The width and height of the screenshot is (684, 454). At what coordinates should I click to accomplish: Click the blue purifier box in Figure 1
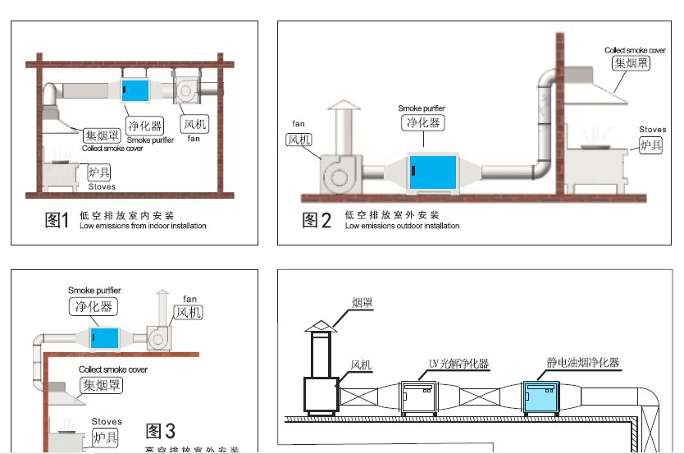tap(136, 91)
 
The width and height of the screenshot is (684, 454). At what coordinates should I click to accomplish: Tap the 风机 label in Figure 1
tap(195, 125)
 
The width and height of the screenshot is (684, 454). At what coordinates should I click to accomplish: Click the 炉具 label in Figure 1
tap(99, 172)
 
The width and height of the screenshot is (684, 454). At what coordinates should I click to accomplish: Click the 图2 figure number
tap(317, 219)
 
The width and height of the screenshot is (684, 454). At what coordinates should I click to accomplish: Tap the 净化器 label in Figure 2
tap(423, 122)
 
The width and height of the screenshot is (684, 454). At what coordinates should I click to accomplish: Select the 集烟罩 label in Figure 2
tap(631, 62)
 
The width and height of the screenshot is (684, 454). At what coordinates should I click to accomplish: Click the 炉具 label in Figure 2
tap(651, 145)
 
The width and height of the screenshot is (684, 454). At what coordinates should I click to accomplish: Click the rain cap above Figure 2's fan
tap(343, 108)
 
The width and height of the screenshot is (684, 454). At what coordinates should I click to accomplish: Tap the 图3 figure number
tap(160, 430)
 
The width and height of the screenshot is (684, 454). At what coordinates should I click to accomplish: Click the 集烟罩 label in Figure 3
tap(101, 385)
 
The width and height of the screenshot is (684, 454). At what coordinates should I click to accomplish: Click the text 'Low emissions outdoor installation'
tap(402, 226)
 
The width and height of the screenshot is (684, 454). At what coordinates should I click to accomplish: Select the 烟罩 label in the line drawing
tap(363, 304)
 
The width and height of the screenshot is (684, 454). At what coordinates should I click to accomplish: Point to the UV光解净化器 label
tap(458, 363)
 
